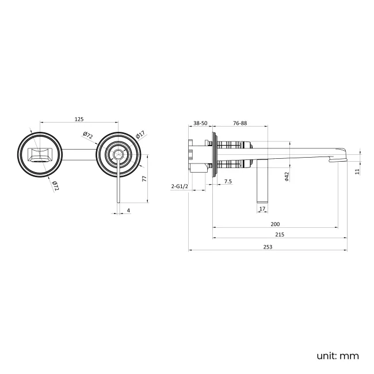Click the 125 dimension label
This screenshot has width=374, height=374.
point(79,119)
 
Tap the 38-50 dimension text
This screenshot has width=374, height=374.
point(200,123)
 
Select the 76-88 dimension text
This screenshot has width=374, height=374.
point(240,123)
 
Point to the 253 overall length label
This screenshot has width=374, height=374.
point(268,247)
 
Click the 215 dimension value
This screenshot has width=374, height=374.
point(280,234)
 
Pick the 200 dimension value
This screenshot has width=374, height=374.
point(275,224)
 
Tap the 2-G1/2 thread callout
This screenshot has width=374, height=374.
point(180,186)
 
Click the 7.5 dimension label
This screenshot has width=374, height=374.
point(228,181)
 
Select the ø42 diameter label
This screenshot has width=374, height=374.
point(287,177)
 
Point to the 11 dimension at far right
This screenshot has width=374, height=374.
point(357,171)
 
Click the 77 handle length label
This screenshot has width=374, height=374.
point(144,178)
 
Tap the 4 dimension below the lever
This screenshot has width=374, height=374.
point(128,211)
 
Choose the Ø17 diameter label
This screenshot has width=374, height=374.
point(140,135)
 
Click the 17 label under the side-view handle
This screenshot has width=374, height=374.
point(262,209)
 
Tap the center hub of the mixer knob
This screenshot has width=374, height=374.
point(119,154)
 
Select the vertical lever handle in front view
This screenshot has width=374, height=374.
point(119,181)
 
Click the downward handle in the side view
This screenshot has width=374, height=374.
point(262,181)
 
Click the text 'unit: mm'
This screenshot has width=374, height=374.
point(338,356)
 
